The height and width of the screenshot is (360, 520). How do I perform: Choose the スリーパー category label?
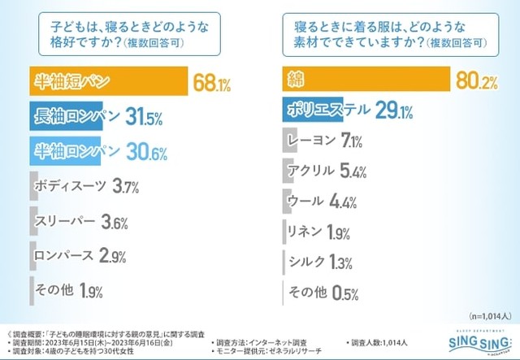(64, 220)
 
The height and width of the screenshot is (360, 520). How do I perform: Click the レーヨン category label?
(312, 140)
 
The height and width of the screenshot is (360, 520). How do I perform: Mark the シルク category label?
(307, 261)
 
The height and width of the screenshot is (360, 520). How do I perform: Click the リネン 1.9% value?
(337, 232)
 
